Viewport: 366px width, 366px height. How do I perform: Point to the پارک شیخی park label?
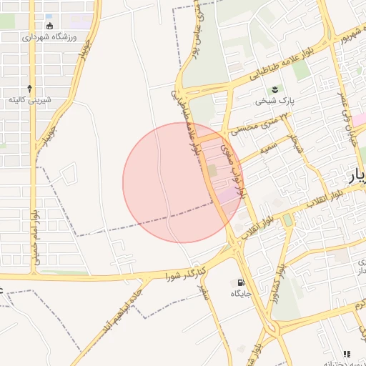[276, 101]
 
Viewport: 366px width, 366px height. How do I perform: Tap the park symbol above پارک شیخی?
[274, 89]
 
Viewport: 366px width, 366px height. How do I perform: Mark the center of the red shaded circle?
[183, 182]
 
